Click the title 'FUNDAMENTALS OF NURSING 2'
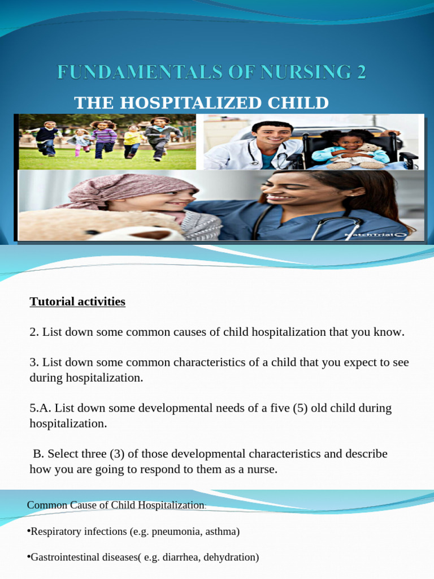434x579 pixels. [211, 73]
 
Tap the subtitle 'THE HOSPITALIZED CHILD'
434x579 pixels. [201, 103]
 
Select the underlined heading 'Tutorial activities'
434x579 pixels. [77, 301]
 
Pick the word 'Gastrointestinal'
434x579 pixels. [63, 557]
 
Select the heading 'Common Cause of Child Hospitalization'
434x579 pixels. [115, 504]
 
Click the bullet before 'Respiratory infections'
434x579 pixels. [29, 531]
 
